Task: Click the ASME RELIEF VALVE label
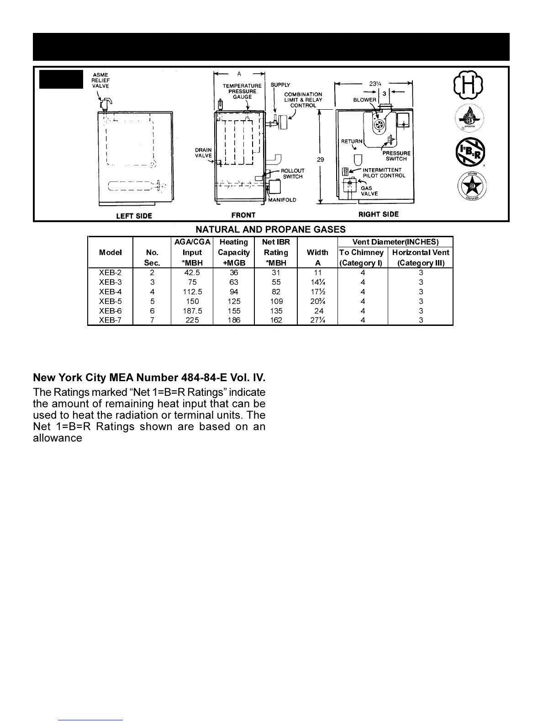coord(100,80)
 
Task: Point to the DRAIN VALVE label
coord(203,153)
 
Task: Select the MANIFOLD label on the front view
coord(282,200)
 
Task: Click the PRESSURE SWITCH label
coord(396,156)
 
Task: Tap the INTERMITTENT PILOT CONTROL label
coord(384,173)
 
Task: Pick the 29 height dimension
coord(320,160)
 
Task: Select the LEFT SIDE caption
coord(134,216)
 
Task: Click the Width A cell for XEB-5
coord(318,301)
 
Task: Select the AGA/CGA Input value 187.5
coord(192,311)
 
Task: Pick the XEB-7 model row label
coord(110,320)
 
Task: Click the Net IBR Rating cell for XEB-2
coord(276,272)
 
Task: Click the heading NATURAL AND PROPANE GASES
coord(271,229)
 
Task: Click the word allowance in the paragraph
coord(58,438)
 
